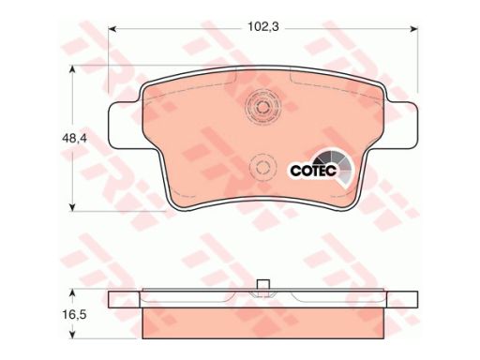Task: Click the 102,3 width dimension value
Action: (x=263, y=27)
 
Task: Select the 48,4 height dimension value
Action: (x=74, y=138)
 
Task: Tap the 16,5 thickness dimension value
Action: (x=74, y=315)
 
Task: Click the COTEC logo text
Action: (x=313, y=171)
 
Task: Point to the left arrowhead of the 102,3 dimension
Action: (x=112, y=29)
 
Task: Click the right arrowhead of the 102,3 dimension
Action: (x=413, y=29)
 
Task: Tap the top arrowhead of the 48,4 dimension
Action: (x=72, y=69)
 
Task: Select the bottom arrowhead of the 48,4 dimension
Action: (x=72, y=206)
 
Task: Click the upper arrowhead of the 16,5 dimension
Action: (x=72, y=293)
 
